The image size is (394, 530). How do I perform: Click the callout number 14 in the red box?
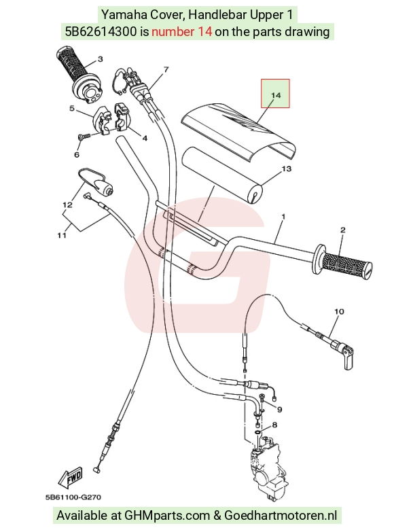tap(276, 95)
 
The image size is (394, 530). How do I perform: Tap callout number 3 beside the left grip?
tap(100, 59)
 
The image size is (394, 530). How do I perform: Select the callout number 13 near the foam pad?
tap(286, 169)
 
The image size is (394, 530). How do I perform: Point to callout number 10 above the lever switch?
tap(339, 311)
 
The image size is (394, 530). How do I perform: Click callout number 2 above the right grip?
tap(342, 230)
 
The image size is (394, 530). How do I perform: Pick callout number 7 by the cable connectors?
tap(166, 69)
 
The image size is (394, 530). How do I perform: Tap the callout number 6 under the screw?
tap(77, 154)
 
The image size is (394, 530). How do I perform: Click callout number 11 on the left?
tap(62, 235)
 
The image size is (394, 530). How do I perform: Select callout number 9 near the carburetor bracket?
tap(279, 409)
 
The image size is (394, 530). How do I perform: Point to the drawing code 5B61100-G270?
tap(73, 497)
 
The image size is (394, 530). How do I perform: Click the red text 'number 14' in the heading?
tap(182, 31)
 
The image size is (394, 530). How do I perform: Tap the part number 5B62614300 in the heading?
tap(101, 31)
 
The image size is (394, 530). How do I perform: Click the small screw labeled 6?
tap(84, 136)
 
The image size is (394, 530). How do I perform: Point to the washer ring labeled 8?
tap(257, 432)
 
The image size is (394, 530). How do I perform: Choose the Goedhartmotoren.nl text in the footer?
tap(281, 516)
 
